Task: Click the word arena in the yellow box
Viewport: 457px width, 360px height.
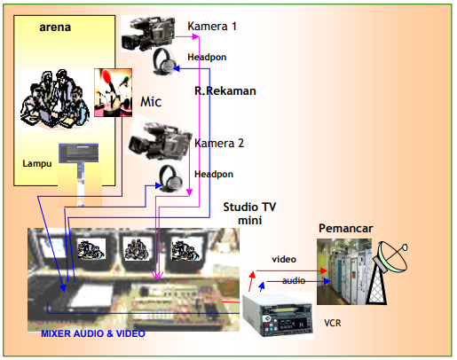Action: (55, 27)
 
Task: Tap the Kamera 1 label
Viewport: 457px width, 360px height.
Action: (212, 27)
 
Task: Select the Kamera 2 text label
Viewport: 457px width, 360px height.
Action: (219, 144)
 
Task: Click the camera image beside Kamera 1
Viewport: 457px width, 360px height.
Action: (148, 34)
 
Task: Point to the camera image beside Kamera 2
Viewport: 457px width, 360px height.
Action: (158, 138)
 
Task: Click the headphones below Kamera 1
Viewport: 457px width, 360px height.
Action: (164, 61)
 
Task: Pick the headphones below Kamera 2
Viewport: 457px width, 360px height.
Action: (171, 178)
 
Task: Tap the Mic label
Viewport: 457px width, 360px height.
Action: (151, 102)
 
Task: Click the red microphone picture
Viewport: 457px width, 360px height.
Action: (113, 92)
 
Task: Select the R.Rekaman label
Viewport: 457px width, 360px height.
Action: (225, 90)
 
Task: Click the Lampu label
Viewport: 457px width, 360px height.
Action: (37, 163)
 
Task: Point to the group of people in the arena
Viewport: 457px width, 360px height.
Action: (55, 99)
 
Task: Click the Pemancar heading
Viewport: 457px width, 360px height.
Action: (345, 228)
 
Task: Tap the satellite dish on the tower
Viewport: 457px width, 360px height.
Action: (391, 256)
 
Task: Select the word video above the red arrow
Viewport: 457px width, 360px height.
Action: (284, 259)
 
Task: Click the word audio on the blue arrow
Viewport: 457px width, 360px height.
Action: (294, 280)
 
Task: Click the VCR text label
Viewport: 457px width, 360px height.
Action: (333, 323)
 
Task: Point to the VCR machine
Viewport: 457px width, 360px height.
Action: (278, 316)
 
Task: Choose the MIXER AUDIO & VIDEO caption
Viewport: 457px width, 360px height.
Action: (93, 333)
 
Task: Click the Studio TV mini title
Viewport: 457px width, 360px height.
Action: (249, 214)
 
